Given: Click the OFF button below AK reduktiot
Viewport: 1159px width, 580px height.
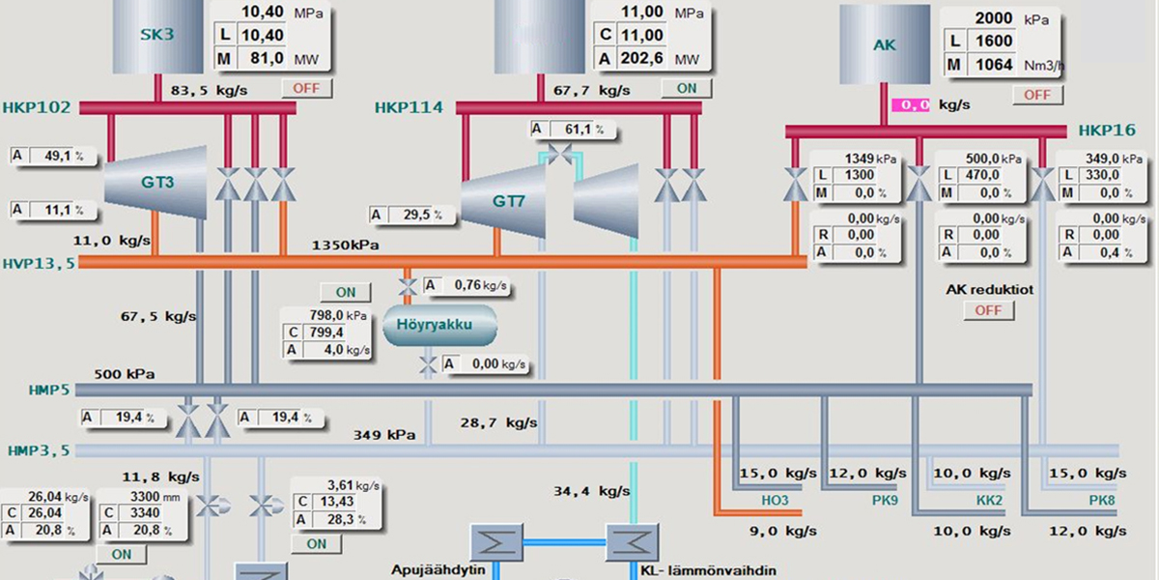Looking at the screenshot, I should point(988,310).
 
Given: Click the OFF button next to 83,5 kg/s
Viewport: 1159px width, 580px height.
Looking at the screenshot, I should point(306,89).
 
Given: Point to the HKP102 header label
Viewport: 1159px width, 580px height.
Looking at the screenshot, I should point(37,107).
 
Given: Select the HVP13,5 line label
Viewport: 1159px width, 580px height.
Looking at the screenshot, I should point(39,262).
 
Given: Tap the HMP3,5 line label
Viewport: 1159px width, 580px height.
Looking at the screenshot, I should point(39,450).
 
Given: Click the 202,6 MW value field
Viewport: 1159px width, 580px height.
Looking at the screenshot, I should point(642,59).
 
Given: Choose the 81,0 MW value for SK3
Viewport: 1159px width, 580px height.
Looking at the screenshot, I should point(265,59).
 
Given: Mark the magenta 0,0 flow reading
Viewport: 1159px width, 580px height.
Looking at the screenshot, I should point(910,104).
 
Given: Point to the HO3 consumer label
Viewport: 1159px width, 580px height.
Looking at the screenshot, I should point(775,501).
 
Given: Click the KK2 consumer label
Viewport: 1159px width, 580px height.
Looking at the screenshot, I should point(987,501).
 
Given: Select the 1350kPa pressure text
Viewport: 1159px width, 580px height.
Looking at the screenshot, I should point(345,246).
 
